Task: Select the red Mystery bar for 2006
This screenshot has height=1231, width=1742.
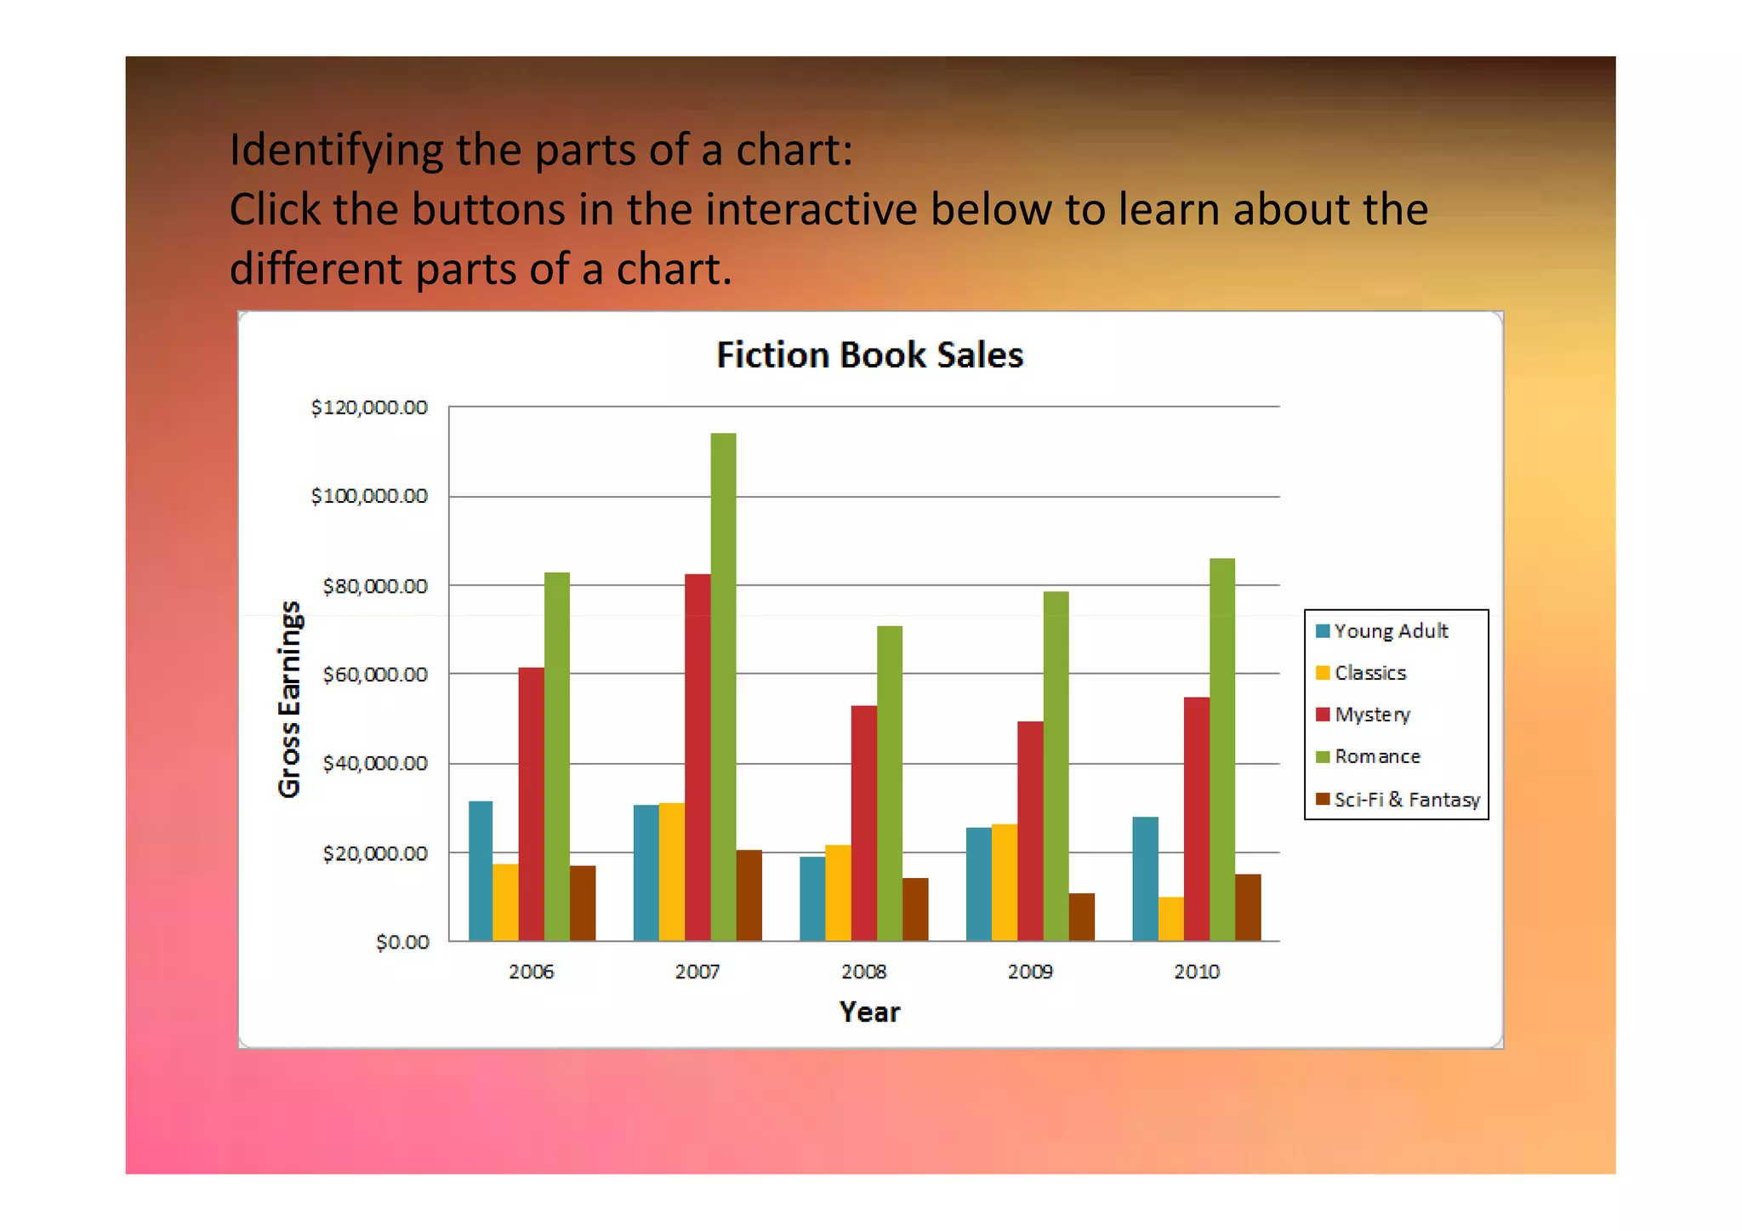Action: (531, 804)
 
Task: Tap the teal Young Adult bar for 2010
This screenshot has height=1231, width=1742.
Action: (1145, 878)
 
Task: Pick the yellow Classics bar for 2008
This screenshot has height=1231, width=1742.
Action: (838, 892)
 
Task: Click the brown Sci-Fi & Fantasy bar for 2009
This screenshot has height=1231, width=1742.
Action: (1081, 916)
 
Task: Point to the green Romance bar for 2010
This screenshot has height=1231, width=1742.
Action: (1221, 749)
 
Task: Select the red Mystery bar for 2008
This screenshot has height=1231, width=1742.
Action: (863, 823)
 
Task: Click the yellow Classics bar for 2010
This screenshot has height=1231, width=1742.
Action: (1170, 918)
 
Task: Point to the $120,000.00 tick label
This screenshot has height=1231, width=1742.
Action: (369, 407)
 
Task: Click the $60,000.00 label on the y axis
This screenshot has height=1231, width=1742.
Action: (375, 675)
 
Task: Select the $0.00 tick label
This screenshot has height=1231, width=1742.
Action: (402, 942)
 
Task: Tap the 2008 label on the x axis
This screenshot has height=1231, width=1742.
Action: (863, 972)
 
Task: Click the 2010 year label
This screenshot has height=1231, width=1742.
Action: (1196, 972)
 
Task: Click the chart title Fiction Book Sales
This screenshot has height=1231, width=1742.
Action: (869, 355)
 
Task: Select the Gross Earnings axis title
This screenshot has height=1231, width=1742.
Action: (290, 698)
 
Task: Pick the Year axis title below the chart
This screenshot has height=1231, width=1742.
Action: (869, 1012)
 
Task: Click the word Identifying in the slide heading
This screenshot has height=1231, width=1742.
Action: (336, 151)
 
